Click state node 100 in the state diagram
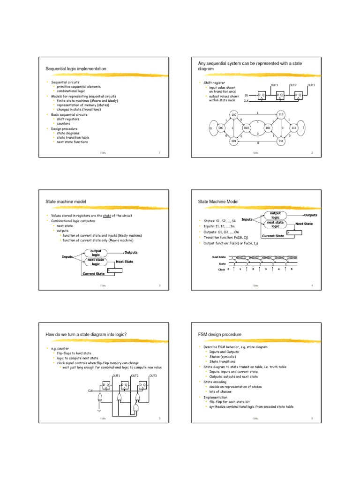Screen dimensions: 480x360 (234, 115)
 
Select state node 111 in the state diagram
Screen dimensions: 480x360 (294, 127)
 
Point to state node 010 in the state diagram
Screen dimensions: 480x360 (247, 127)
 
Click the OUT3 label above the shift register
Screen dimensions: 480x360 (311, 85)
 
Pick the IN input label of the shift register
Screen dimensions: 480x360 (246, 95)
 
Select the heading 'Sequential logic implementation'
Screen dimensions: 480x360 (75, 69)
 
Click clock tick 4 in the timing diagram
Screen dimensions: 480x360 (279, 270)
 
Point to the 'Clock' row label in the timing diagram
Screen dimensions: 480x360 (222, 270)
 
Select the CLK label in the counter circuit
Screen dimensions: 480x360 (91, 390)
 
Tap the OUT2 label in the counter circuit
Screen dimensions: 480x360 (135, 375)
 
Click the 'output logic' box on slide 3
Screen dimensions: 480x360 (96, 253)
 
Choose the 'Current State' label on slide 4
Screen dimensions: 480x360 (273, 236)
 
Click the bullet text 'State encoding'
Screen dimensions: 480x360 (214, 382)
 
